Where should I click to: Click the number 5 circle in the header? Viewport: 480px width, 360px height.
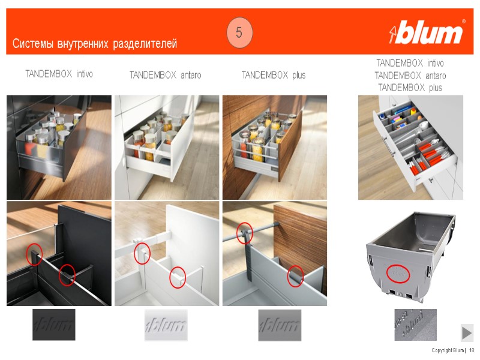[x=239, y=32]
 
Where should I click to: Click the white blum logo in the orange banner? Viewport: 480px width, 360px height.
[x=425, y=32]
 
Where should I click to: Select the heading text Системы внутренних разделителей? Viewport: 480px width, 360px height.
[x=95, y=44]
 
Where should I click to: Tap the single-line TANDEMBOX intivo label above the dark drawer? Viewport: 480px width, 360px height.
[x=59, y=74]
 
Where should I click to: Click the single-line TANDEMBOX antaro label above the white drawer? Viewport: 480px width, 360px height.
[x=166, y=75]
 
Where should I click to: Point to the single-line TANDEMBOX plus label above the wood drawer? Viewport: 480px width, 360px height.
[x=274, y=75]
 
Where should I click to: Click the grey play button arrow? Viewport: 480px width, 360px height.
[x=467, y=333]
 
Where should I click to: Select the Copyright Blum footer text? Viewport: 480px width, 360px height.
[x=448, y=350]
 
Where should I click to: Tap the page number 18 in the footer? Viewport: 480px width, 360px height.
[x=472, y=350]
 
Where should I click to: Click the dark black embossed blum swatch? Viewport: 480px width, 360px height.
[x=54, y=325]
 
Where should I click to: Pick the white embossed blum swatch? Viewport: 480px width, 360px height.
[x=166, y=325]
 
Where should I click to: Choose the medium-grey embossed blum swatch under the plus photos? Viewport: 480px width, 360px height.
[x=280, y=325]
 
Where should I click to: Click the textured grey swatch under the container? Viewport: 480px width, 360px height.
[x=415, y=325]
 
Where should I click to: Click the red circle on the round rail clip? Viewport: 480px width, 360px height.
[x=245, y=233]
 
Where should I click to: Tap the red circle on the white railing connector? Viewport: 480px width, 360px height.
[x=142, y=253]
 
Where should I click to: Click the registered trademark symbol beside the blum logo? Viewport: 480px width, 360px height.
[x=463, y=22]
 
